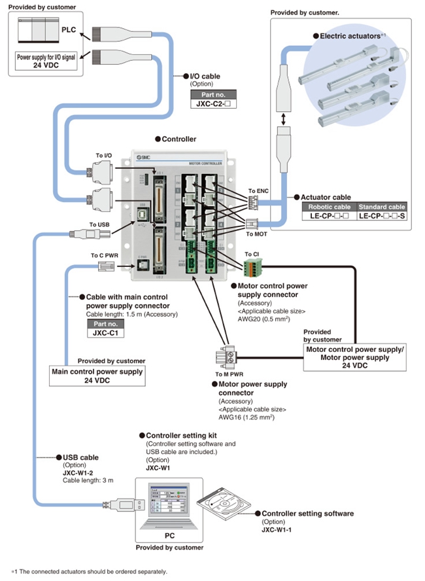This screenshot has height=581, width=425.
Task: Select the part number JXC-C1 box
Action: coord(105,332)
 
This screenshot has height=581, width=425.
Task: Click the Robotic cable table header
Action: coord(329,207)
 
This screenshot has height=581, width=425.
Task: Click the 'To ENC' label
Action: coord(258,191)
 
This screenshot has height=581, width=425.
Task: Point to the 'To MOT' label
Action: coord(258,233)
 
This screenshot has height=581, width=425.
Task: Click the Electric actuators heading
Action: coord(352,36)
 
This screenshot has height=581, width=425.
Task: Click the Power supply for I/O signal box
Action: coord(50,61)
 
